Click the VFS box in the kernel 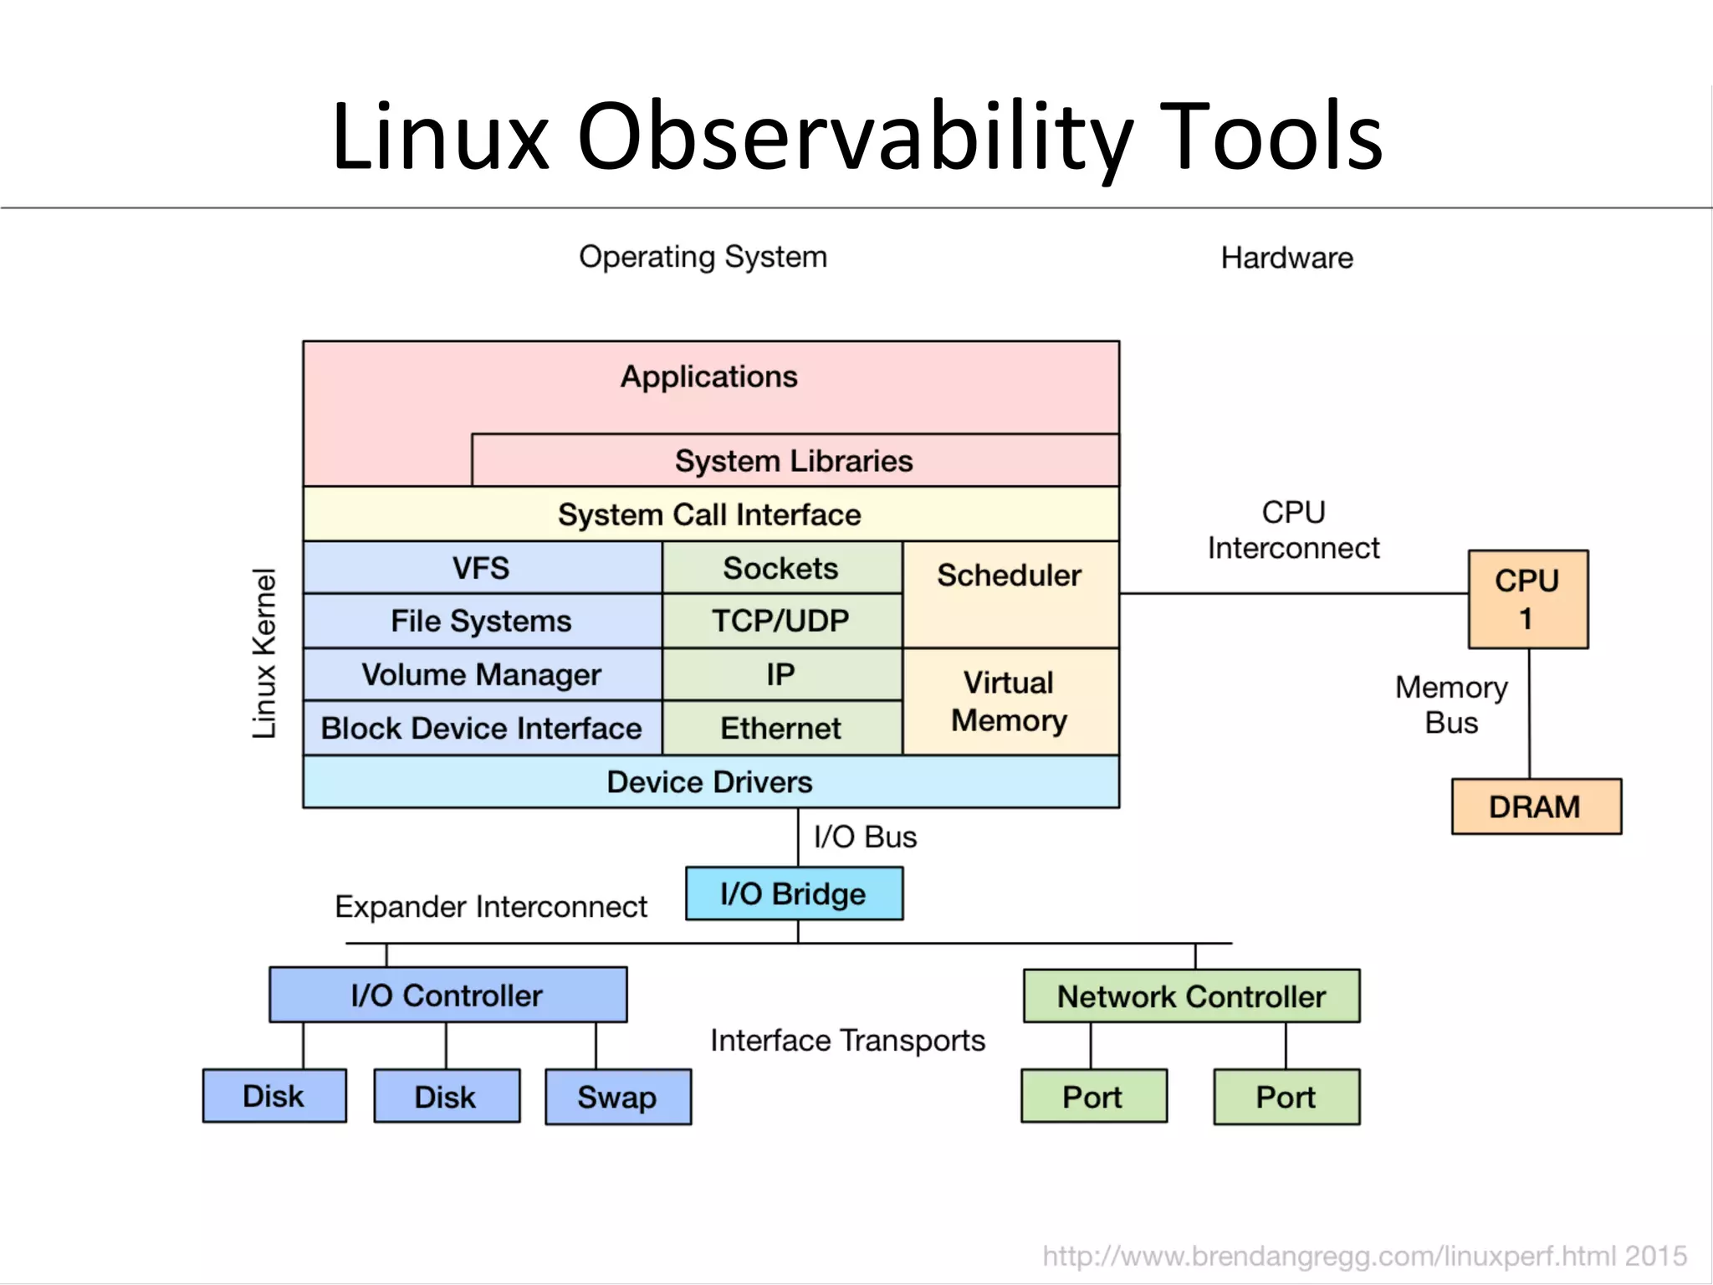point(482,568)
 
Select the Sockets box point(781,568)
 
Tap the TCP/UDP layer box point(781,621)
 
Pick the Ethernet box point(781,728)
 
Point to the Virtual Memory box point(1010,701)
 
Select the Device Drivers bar point(710,781)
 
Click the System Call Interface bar point(710,515)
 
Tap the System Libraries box point(794,461)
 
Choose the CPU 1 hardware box point(1527,599)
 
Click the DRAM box point(1536,806)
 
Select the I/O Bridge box point(794,893)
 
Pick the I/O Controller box point(447,995)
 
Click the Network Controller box point(1191,996)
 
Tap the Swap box point(617,1097)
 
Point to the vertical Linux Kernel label point(264,653)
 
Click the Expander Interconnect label point(491,906)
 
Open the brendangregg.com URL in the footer point(1363,1256)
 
